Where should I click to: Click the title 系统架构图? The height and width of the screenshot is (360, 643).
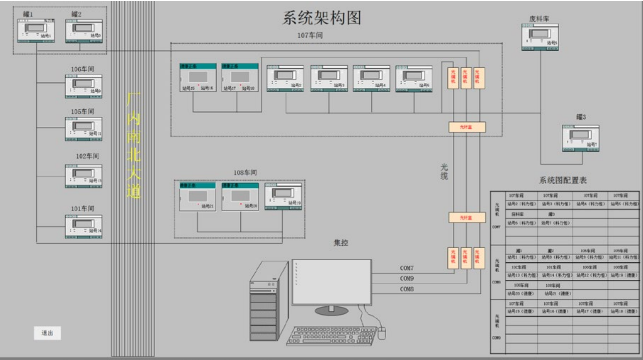coord(321,18)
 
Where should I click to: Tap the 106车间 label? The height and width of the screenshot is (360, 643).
coord(82,69)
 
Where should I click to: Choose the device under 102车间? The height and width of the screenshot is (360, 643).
coord(83,175)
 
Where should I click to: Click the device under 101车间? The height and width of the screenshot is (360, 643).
coord(83,226)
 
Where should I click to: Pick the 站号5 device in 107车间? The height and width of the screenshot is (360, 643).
coord(414,79)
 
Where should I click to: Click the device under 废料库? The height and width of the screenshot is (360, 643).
coord(540,38)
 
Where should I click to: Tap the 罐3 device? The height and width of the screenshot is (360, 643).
coord(580,138)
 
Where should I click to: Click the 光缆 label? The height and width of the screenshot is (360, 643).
coord(444,171)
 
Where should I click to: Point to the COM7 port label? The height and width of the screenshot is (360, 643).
coord(407,268)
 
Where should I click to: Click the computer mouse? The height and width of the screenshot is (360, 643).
coord(382,333)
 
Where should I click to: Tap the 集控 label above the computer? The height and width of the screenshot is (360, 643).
coord(341,243)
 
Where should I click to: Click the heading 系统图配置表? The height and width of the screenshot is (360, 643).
coord(563,181)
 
